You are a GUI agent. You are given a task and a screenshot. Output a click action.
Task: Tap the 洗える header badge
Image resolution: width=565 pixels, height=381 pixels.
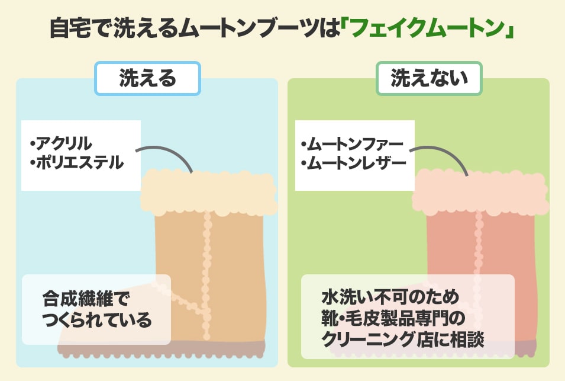coord(148,78)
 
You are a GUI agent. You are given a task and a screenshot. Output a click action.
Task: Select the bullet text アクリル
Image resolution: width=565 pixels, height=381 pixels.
coord(63,143)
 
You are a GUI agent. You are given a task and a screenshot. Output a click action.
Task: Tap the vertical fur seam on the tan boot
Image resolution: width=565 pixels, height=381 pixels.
coord(206,261)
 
